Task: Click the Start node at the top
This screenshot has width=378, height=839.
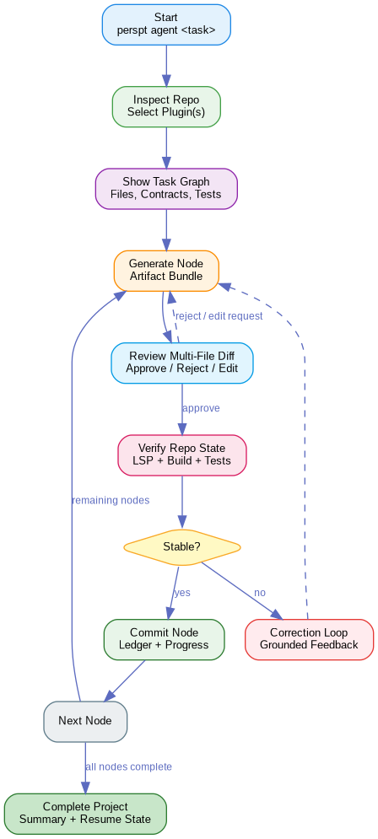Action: pyautogui.click(x=166, y=24)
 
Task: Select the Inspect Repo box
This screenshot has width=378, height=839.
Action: pyautogui.click(x=166, y=106)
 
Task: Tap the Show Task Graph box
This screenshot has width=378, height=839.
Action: pyautogui.click(x=166, y=188)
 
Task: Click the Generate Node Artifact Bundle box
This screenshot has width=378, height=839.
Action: pyautogui.click(x=166, y=271)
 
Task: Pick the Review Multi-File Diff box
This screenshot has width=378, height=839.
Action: pyautogui.click(x=181, y=362)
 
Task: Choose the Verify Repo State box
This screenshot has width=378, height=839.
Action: pyautogui.click(x=181, y=454)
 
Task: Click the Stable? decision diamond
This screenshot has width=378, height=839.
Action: pyautogui.click(x=181, y=546)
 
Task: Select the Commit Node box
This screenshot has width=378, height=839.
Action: pyautogui.click(x=165, y=639)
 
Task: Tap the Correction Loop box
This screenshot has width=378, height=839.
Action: pyautogui.click(x=309, y=639)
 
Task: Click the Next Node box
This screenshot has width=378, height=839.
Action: pyautogui.click(x=86, y=721)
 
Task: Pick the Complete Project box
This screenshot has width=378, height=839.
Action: pyautogui.click(x=85, y=813)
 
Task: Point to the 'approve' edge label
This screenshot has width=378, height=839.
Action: pyautogui.click(x=201, y=408)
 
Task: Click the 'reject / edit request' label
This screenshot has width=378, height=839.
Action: pyautogui.click(x=218, y=315)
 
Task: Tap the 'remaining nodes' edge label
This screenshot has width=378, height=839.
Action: pyautogui.click(x=111, y=500)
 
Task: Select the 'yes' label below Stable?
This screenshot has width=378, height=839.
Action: pyautogui.click(x=182, y=593)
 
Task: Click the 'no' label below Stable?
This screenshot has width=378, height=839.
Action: pyautogui.click(x=260, y=593)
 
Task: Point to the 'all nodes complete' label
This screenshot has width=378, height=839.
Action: pyautogui.click(x=128, y=766)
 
